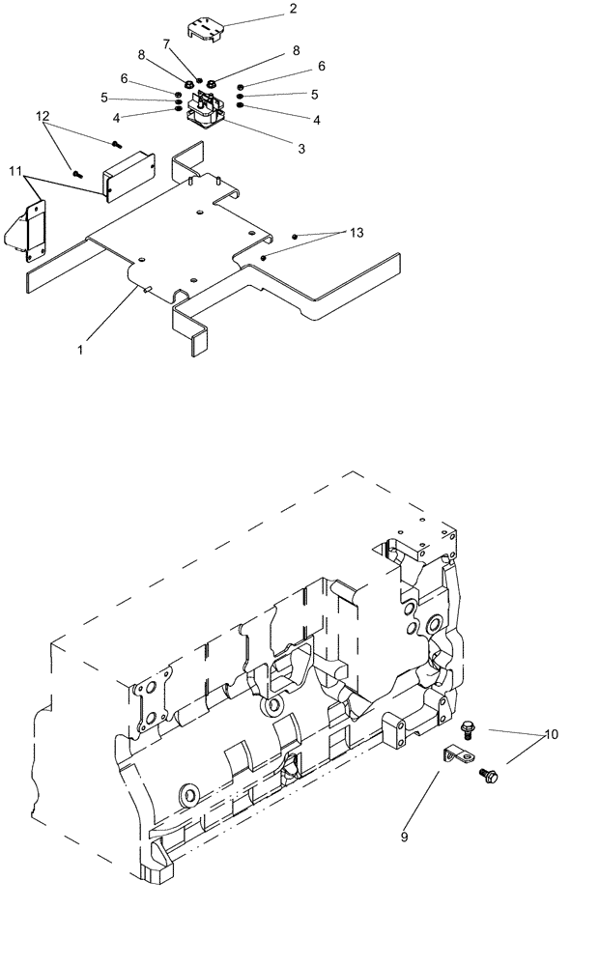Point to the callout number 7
[166, 43]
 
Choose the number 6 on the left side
[124, 78]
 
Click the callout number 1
[80, 350]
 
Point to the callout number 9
[404, 837]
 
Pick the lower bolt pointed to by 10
[487, 773]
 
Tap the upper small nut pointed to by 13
[295, 237]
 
